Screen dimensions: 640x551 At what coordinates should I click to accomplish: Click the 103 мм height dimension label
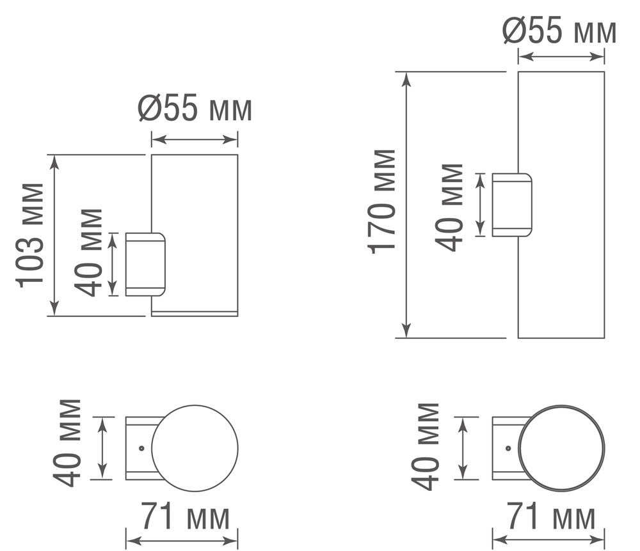coord(30,235)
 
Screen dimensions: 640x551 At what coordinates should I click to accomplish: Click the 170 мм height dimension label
coord(383,201)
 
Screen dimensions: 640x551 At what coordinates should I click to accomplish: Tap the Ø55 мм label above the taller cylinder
coord(560,31)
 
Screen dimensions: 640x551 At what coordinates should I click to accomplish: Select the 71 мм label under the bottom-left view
coord(185,516)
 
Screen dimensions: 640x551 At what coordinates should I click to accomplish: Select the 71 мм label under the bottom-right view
coord(551,516)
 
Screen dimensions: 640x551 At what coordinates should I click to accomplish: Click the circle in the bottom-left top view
coord(195,448)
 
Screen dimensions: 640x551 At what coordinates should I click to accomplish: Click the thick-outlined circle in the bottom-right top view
coord(561,448)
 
